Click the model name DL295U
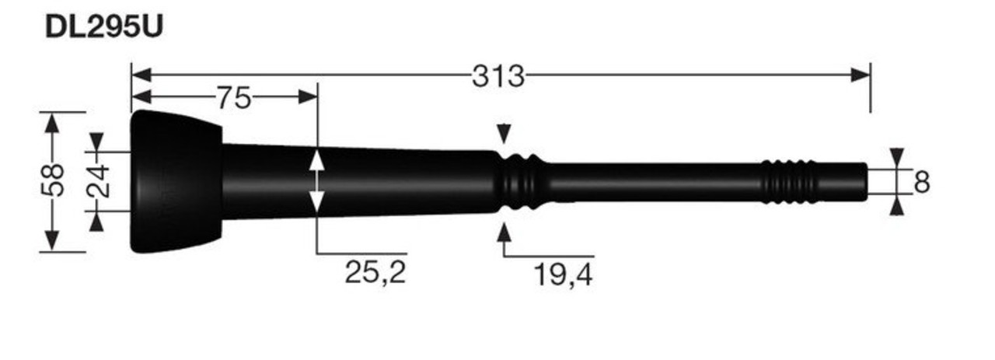(103, 26)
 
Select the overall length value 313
(498, 76)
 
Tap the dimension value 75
(233, 98)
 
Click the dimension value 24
(97, 180)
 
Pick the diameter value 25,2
(375, 272)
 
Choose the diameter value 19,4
(563, 274)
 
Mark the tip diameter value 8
(922, 183)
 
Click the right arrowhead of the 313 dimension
(861, 75)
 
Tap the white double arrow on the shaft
(317, 182)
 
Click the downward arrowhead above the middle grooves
(504, 134)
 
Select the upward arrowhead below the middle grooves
(504, 232)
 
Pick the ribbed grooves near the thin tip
(788, 182)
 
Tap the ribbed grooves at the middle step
(520, 182)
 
